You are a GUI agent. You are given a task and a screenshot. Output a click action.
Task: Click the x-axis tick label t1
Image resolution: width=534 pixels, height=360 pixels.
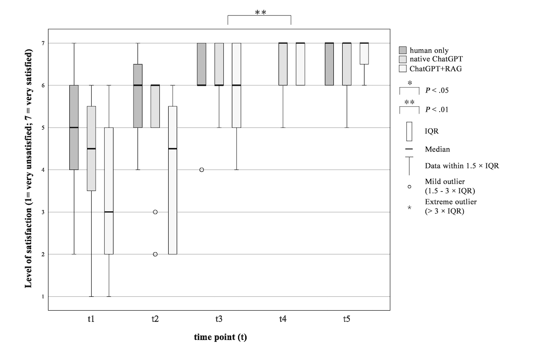coord(91,319)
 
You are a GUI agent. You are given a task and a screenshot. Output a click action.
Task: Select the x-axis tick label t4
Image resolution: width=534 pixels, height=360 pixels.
coord(283,319)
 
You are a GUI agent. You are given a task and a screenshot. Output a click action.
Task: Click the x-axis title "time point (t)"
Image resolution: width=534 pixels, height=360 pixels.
coord(220,337)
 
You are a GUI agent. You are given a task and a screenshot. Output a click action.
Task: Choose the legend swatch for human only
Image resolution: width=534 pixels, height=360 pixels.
coord(403,50)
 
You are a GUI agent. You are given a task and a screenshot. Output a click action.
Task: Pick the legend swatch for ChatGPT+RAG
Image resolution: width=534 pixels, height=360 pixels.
coord(403,69)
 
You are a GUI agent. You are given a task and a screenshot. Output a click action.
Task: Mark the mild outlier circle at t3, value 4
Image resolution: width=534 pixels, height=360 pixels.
coord(202,170)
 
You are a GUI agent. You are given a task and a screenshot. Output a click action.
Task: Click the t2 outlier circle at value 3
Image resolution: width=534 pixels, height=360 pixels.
coord(155,212)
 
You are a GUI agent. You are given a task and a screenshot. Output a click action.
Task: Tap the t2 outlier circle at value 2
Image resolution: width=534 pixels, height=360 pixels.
coord(155,254)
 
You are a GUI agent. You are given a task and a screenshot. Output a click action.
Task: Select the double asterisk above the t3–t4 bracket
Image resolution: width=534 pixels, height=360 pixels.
coord(260,12)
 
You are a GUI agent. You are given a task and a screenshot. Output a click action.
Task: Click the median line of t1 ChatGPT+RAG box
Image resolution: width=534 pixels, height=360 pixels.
coord(109,212)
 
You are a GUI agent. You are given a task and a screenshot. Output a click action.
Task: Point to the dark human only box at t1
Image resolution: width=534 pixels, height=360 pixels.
coord(74,127)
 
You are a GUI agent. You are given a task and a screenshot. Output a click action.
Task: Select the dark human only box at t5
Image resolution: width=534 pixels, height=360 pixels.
coord(329,64)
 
